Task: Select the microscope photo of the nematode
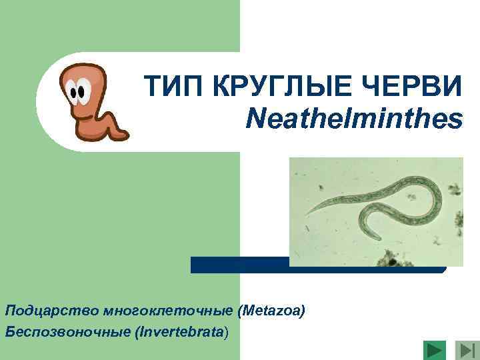tap(376, 211)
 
